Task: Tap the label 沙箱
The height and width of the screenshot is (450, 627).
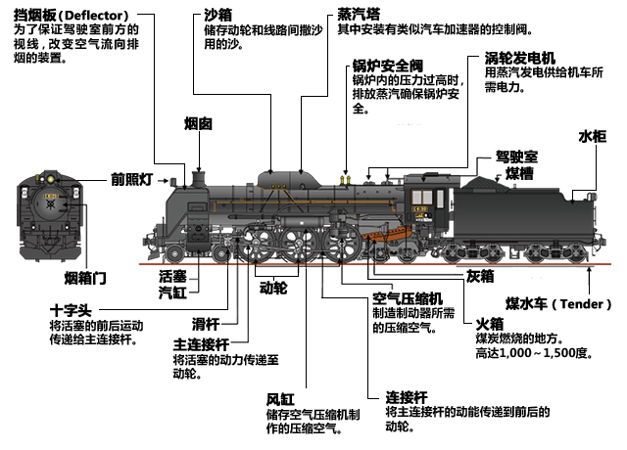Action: (x=217, y=16)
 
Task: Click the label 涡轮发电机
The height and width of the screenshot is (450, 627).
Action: (x=520, y=58)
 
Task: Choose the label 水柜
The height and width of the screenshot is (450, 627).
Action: (x=593, y=136)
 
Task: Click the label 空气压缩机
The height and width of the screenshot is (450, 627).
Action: (x=408, y=297)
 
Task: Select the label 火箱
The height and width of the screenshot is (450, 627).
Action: (x=489, y=323)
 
